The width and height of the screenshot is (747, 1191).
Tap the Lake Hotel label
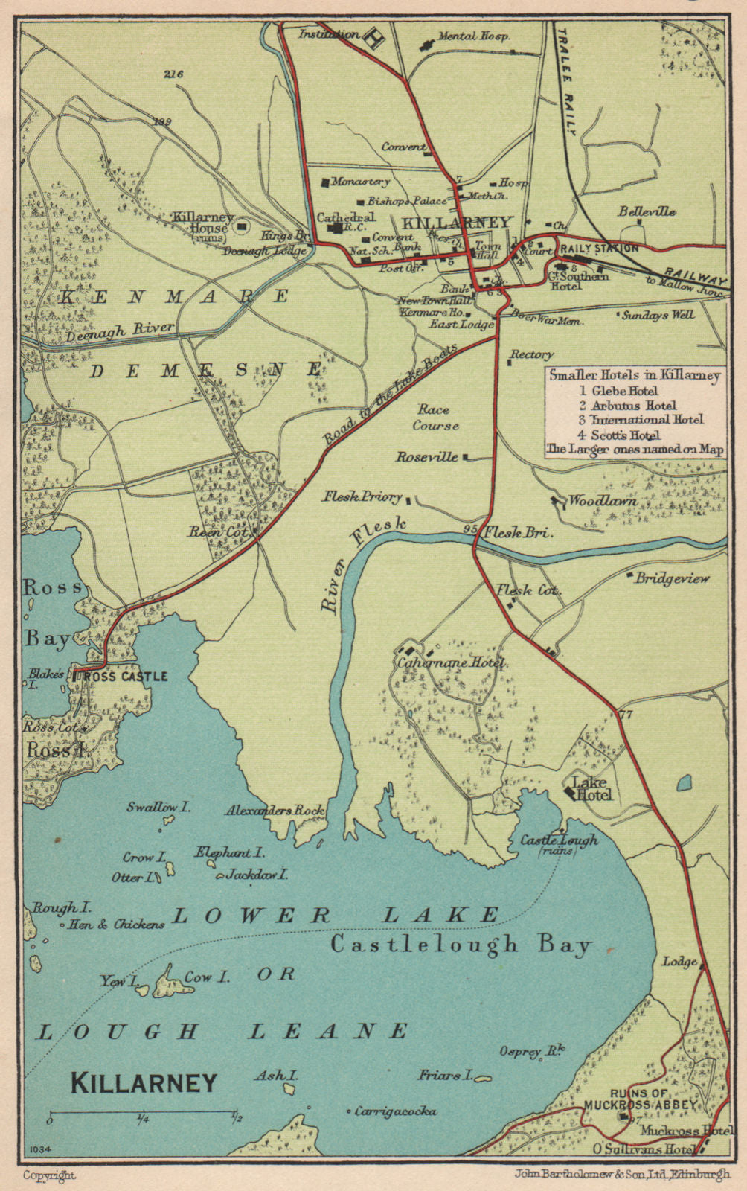591,789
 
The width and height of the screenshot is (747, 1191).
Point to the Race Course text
437,418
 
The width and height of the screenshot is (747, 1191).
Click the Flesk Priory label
362,496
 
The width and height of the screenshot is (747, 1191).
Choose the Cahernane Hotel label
452,662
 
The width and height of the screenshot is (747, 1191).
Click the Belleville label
647,211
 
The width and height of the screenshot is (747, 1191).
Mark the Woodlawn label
603,502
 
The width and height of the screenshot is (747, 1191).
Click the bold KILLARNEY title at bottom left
144,1082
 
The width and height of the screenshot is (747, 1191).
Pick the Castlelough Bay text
461,945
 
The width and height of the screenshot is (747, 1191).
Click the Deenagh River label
120,331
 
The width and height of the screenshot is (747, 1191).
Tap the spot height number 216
173,74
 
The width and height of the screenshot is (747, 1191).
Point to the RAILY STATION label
599,249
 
